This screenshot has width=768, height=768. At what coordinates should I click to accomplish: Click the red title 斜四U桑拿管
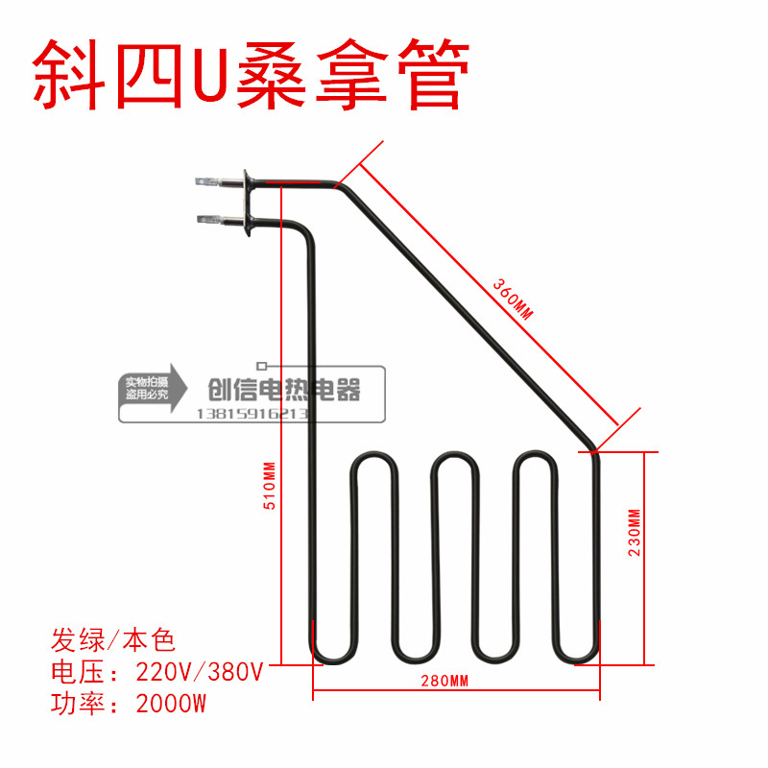point(252,74)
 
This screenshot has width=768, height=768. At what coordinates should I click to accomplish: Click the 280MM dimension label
point(444,682)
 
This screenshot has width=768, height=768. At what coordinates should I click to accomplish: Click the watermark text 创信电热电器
point(284,390)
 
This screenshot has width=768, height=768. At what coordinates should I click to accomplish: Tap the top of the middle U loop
point(455,455)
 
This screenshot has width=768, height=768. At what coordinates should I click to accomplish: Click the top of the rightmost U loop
point(537,455)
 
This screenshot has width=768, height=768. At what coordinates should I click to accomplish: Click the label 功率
point(72,705)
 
